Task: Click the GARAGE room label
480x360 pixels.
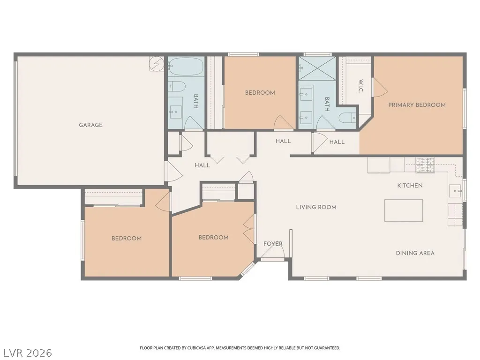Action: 90,125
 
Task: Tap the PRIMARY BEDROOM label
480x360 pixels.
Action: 417,105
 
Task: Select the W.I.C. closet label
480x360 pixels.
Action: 360,86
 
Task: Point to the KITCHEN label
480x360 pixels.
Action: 410,186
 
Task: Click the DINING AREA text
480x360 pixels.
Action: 415,253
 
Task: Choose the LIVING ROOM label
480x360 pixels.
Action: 316,207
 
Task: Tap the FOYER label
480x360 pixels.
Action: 273,244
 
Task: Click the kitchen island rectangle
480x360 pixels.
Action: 404,210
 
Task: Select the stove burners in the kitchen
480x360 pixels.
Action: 425,165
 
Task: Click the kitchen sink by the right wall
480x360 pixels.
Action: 455,191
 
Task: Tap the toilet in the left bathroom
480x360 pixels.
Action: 177,86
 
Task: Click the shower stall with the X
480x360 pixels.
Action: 317,68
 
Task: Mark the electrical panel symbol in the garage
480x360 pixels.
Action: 157,64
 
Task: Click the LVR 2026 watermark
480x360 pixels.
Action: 27,353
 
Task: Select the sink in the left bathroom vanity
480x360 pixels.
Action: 175,109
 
